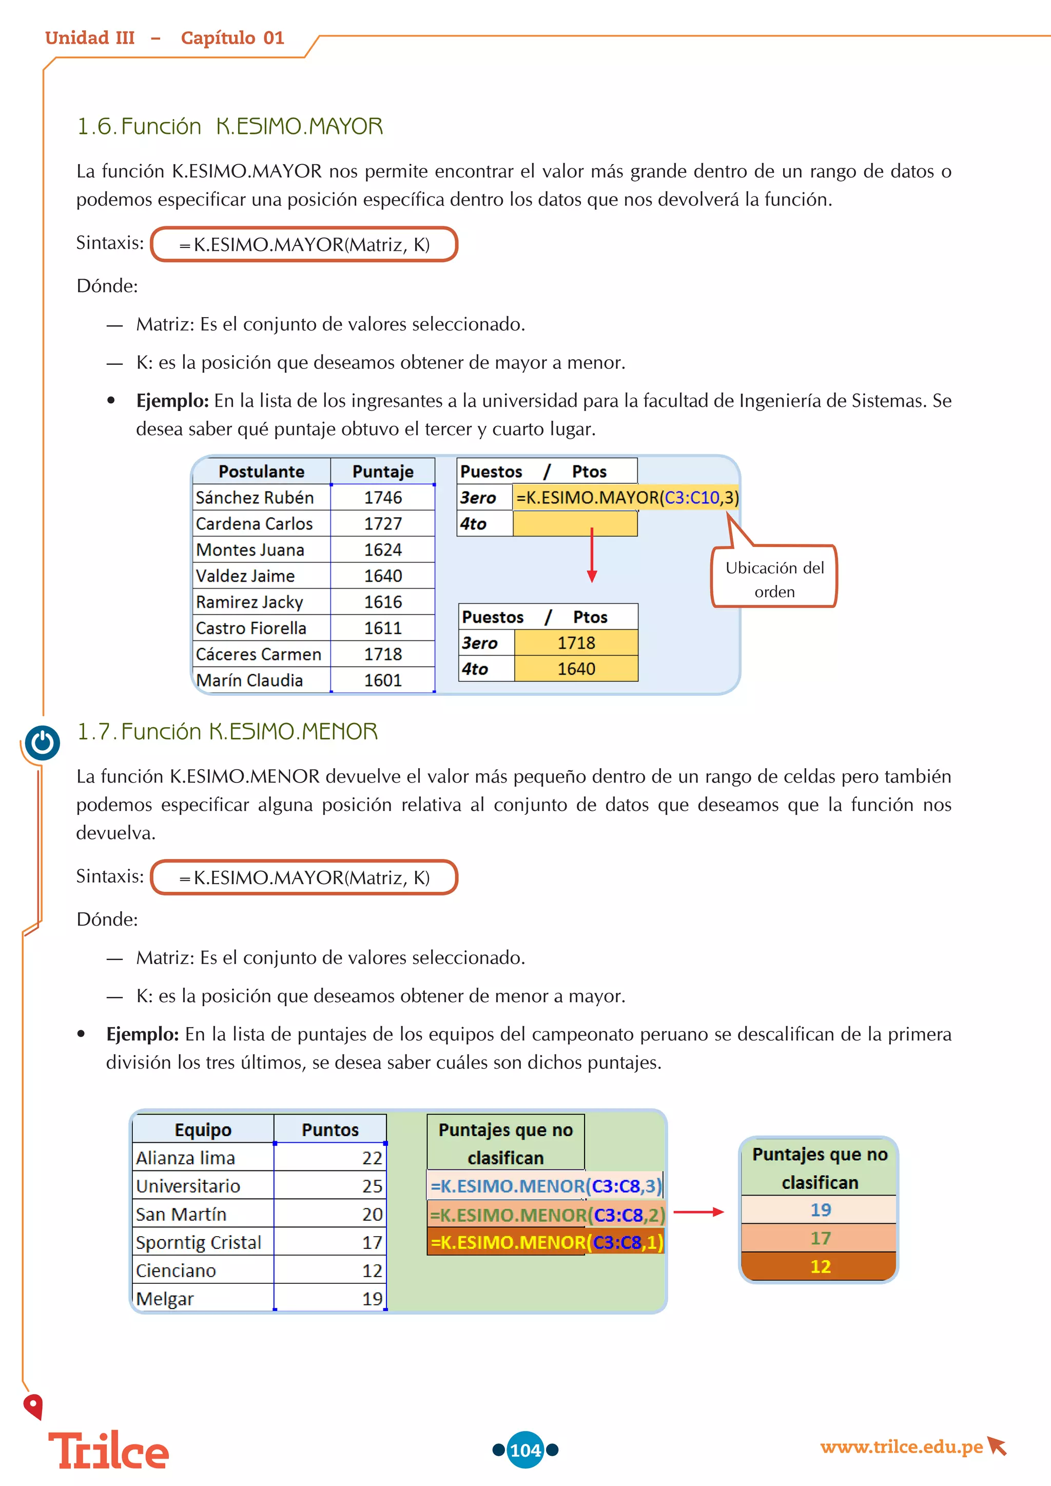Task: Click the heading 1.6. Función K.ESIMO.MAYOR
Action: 230,126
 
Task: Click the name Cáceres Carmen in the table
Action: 258,654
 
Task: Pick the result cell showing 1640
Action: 576,669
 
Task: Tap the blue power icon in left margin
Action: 43,742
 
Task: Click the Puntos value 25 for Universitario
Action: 372,1186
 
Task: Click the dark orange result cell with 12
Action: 820,1266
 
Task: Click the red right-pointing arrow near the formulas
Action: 698,1211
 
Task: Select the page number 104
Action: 525,1450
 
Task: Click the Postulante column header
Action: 261,472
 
